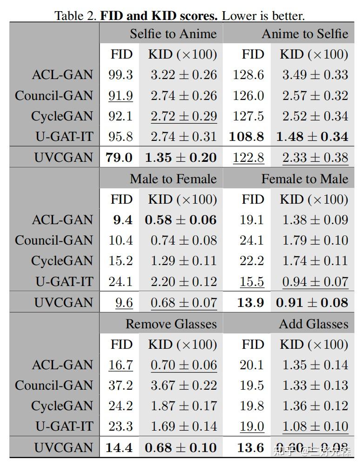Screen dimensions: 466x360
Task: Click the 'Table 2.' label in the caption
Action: [76, 15]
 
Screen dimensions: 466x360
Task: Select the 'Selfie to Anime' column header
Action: [173, 34]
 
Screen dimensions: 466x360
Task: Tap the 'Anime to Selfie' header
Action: [305, 34]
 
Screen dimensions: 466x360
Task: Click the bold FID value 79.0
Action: [119, 158]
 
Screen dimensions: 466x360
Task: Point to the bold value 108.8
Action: [247, 137]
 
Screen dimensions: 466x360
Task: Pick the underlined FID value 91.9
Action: [120, 96]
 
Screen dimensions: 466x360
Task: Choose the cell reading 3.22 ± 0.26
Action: [183, 75]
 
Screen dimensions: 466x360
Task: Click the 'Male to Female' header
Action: [173, 179]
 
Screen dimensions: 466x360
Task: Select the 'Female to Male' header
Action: [305, 179]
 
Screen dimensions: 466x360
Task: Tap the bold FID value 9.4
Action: [122, 220]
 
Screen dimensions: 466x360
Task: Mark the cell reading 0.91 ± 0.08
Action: [312, 303]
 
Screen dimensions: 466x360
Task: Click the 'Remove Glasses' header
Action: [171, 324]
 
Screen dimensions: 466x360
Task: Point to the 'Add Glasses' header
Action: [313, 324]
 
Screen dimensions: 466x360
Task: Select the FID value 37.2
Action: [120, 386]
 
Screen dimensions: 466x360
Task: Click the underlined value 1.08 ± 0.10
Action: [315, 426]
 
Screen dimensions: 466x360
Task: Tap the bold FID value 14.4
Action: [119, 448]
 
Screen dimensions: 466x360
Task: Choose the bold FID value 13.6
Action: [251, 448]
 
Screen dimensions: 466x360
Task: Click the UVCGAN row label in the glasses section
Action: [63, 448]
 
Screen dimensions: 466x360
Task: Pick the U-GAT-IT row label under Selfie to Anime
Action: [64, 137]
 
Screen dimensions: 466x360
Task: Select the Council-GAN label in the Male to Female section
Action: [54, 240]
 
